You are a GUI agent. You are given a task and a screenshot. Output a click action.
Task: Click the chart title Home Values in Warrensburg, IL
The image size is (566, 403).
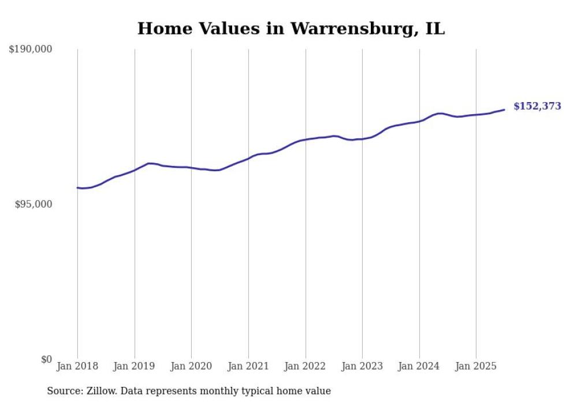point(291,28)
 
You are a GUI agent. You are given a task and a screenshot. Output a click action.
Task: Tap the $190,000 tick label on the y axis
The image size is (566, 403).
point(31,50)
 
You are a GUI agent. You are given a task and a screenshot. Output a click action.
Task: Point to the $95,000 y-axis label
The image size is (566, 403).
point(33,204)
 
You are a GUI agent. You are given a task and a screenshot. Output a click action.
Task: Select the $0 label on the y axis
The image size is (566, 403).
point(46,359)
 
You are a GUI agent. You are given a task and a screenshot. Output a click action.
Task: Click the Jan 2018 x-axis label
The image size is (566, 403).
point(77,366)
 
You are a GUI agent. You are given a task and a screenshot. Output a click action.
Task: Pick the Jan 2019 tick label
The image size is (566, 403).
point(135,366)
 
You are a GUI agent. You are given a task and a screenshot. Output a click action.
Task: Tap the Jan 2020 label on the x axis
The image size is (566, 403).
point(191,366)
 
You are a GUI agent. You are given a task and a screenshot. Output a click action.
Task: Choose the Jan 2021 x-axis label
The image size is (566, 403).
point(248,366)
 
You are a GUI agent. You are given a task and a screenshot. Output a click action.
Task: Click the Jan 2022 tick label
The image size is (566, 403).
point(306,366)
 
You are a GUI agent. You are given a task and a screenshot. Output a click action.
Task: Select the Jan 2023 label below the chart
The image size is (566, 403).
point(362,366)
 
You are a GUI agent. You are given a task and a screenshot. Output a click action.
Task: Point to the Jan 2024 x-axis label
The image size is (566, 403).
point(419,366)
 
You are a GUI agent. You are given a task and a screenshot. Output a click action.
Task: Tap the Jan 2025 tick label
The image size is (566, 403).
point(476,366)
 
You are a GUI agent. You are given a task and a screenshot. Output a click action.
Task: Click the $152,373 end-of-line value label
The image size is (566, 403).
point(537,106)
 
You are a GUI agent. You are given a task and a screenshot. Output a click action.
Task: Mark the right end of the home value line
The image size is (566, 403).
point(504,110)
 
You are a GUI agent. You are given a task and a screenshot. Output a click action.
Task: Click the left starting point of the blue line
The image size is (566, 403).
point(77,187)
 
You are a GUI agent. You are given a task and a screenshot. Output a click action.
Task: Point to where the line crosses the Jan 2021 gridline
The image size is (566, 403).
point(248,158)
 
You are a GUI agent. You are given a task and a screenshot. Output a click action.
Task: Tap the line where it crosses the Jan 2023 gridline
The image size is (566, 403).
point(362,139)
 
